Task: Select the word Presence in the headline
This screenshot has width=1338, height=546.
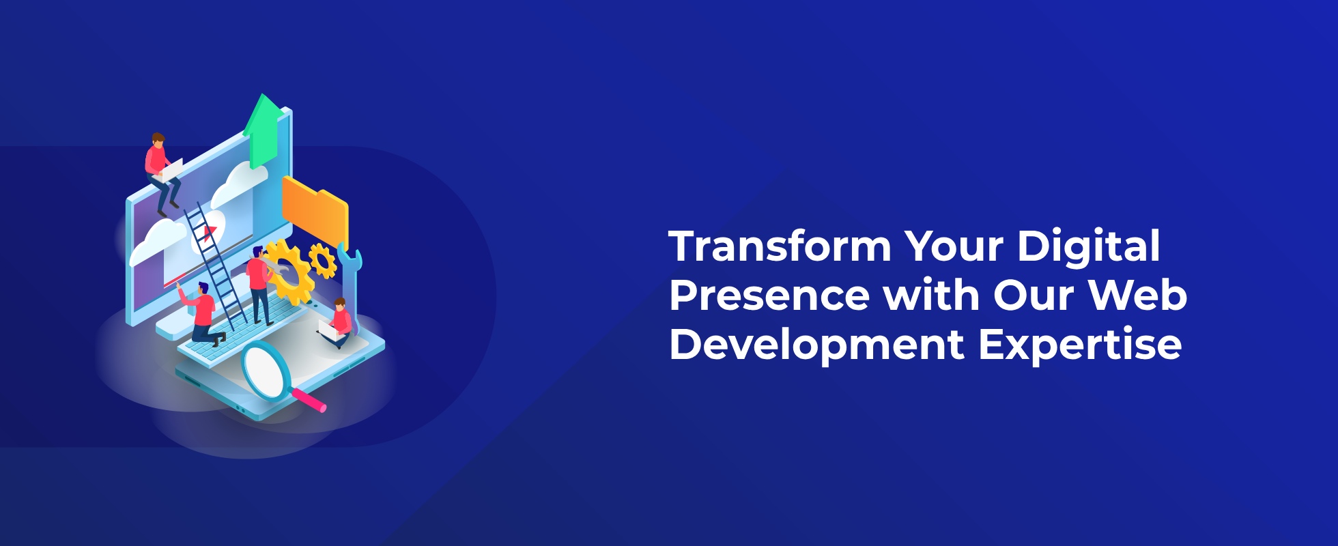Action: point(769,295)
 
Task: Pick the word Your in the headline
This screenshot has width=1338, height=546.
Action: point(954,246)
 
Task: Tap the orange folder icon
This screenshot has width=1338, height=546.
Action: point(315,212)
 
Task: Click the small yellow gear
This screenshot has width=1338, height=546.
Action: point(322,260)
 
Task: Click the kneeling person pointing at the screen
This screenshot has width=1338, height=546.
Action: point(202,313)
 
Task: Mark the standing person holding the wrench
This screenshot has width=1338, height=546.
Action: point(259,285)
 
